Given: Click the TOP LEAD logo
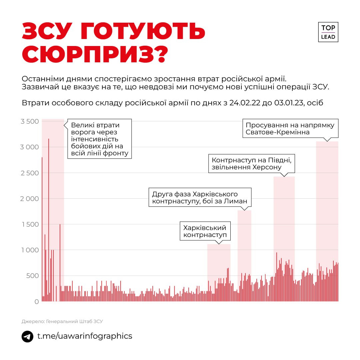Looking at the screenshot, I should tap(328, 32).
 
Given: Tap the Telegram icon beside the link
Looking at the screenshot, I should tap(27, 336).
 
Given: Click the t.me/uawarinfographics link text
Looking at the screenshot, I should tap(85, 336).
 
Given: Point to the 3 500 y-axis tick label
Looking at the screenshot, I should tap(30, 121).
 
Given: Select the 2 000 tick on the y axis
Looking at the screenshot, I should tap(30, 199).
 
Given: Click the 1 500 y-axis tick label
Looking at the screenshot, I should tap(30, 224).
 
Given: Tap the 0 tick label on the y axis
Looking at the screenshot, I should tap(36, 302).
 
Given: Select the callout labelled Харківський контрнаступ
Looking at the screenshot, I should tap(205, 232).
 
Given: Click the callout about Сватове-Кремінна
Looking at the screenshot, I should tap(290, 129).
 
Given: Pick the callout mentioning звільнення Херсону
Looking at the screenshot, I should tap(252, 163).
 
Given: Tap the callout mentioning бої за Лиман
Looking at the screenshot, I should tap(200, 197).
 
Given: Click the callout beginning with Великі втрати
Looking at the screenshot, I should tap(100, 139).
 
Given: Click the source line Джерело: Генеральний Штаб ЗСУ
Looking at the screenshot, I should tap(62, 321).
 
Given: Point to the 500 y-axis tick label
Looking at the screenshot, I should tap(32, 276).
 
